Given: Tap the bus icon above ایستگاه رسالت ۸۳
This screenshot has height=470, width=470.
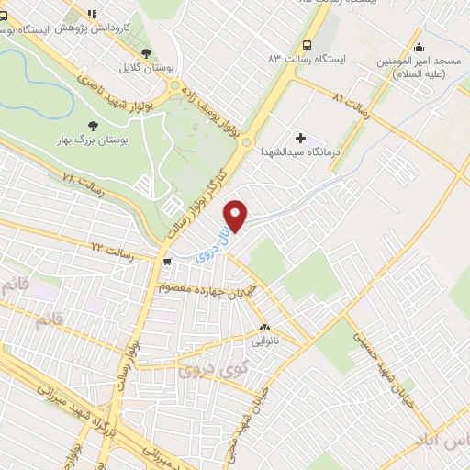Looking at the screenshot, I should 306,44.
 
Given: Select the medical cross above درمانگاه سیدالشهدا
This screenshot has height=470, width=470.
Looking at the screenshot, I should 299,137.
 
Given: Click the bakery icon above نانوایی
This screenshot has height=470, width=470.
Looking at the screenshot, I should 265,327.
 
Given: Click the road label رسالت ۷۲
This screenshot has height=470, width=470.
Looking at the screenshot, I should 112,251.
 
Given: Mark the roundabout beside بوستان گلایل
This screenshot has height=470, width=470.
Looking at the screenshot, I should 176,86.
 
